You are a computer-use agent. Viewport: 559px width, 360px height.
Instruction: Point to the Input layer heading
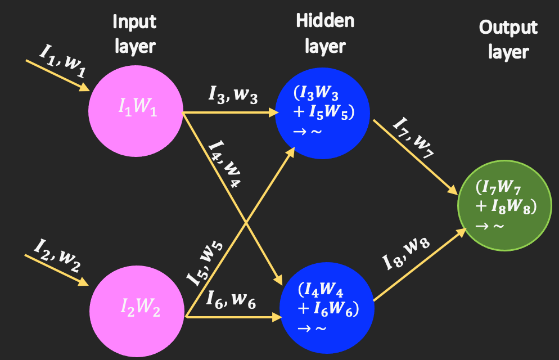pos(134,34)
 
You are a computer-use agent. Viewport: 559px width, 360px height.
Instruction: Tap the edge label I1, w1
pos(62,58)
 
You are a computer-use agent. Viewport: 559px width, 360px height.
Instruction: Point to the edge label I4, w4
pos(225,165)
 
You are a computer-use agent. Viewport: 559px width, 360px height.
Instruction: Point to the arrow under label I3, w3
pos(231,113)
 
